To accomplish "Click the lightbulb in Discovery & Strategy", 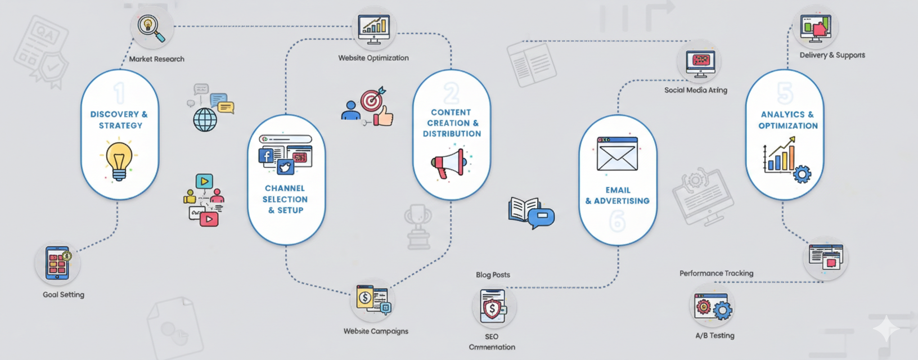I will tap(119, 160).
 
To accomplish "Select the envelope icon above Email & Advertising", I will tap(617, 154).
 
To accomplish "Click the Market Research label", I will tap(156, 59).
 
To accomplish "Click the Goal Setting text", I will tap(64, 295).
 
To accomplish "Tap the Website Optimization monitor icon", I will tap(374, 29).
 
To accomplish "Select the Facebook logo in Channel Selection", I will tap(266, 155).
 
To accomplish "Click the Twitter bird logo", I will tap(285, 168).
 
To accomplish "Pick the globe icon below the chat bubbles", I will tap(205, 120).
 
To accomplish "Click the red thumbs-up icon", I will tap(384, 116).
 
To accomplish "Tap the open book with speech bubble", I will tap(530, 213).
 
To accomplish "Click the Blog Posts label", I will tap(493, 275).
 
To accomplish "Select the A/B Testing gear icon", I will tap(722, 310).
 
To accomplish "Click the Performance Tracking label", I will tap(716, 273).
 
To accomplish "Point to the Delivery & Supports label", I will tap(832, 55).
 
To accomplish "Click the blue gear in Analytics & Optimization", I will tap(802, 174).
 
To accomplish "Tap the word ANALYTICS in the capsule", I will tap(782, 114).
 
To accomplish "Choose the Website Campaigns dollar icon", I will tap(365, 297).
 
